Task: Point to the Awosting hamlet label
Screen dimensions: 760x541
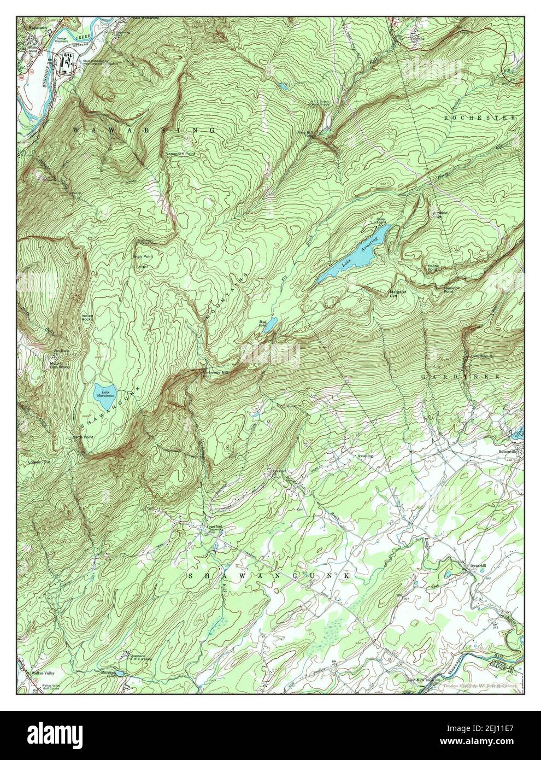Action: (365, 455)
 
